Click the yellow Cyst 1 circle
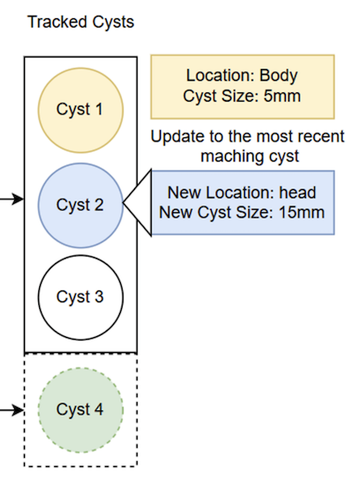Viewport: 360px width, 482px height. (x=81, y=109)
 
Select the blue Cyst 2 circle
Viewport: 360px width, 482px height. (x=80, y=204)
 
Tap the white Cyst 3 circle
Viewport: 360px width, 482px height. (x=81, y=297)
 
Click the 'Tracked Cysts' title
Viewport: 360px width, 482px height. (x=80, y=22)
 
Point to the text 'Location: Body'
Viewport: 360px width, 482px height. (x=242, y=76)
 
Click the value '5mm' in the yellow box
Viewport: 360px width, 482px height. (x=282, y=96)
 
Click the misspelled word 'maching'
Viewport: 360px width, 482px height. (x=212, y=156)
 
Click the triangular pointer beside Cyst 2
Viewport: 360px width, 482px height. (x=138, y=202)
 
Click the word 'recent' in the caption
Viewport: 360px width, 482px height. (x=320, y=137)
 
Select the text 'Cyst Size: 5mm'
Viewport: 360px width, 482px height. (x=242, y=96)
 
